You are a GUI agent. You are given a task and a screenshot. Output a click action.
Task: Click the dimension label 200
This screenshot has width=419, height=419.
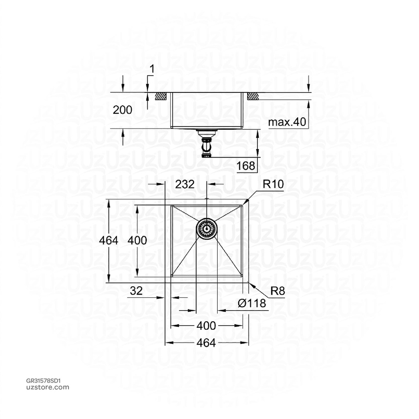pyautogui.click(x=123, y=110)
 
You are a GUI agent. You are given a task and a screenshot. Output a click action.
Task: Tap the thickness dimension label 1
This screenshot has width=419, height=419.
pyautogui.click(x=152, y=69)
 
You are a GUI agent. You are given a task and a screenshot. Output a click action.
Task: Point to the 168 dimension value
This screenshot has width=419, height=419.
pyautogui.click(x=246, y=166)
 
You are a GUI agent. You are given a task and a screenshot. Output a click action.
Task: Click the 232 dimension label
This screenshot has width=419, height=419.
pyautogui.click(x=185, y=184)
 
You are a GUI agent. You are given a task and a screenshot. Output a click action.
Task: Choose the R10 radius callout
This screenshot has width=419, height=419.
pyautogui.click(x=273, y=184)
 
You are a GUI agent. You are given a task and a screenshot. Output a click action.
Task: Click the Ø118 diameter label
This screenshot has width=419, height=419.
pyautogui.click(x=252, y=303)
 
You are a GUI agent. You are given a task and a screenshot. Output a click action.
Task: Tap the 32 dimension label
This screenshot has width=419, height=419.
pyautogui.click(x=136, y=291)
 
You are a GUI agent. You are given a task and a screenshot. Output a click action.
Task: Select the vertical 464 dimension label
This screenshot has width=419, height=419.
pyautogui.click(x=108, y=240)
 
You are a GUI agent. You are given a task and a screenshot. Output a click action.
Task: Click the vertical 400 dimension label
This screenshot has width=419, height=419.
pyautogui.click(x=137, y=240)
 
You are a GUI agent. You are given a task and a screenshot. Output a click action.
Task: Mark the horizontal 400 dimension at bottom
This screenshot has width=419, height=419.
pyautogui.click(x=206, y=326)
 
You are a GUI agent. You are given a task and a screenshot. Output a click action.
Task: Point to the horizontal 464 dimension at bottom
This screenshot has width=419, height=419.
pyautogui.click(x=206, y=343)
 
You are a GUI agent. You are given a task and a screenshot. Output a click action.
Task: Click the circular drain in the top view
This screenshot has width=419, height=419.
pyautogui.click(x=207, y=228)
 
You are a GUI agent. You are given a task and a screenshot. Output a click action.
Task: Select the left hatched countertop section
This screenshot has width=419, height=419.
pyautogui.click(x=160, y=97)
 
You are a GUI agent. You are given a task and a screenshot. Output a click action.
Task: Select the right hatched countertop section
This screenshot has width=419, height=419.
pyautogui.click(x=252, y=97)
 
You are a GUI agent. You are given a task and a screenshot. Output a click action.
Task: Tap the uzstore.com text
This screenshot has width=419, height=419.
pyautogui.click(x=42, y=387)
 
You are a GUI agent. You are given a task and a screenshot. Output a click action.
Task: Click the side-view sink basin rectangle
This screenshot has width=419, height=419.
pyautogui.click(x=207, y=110)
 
